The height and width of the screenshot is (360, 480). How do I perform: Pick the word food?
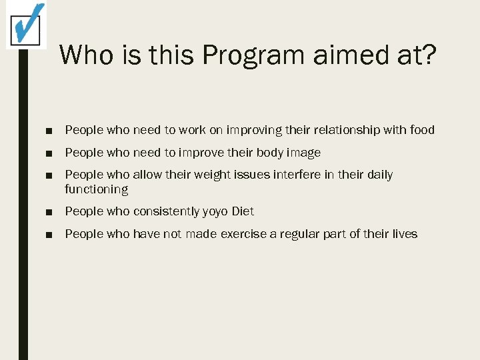coord(421,130)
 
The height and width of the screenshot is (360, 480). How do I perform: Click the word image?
coord(304,153)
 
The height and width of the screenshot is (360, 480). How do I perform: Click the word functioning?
coord(96,189)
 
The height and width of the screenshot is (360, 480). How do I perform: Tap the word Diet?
coord(243,211)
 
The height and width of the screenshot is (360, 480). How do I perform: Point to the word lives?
coord(404,234)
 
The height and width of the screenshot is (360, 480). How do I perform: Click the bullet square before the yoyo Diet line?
coord(51,212)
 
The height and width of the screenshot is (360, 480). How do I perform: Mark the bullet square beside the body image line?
coord(51,153)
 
